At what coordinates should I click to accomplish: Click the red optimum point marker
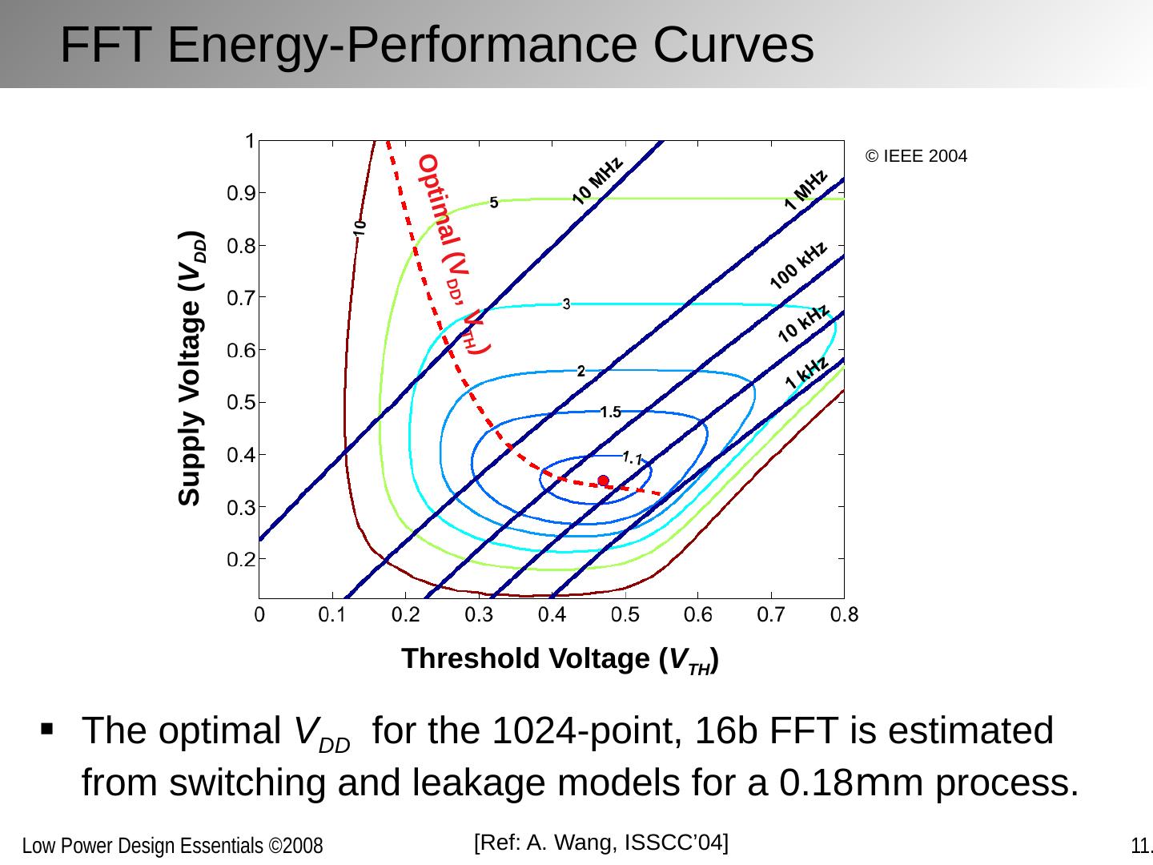click(603, 481)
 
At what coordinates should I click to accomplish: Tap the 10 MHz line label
click(598, 181)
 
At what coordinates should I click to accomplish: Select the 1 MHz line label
click(805, 190)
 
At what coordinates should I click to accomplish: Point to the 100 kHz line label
click(798, 265)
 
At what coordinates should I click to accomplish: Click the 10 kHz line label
click(803, 324)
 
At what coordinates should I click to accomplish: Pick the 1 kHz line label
click(807, 373)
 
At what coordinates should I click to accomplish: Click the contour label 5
click(494, 203)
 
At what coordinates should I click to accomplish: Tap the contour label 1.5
click(610, 412)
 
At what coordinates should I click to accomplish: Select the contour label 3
click(566, 304)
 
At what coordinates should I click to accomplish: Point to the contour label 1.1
click(632, 458)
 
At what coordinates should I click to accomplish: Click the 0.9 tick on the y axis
click(239, 193)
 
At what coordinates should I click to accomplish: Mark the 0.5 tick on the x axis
click(625, 616)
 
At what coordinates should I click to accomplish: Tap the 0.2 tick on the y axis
click(239, 560)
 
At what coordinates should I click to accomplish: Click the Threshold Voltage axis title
click(559, 659)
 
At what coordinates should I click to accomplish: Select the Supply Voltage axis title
click(191, 368)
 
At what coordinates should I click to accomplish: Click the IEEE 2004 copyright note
click(916, 156)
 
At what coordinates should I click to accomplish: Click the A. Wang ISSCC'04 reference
click(601, 842)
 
